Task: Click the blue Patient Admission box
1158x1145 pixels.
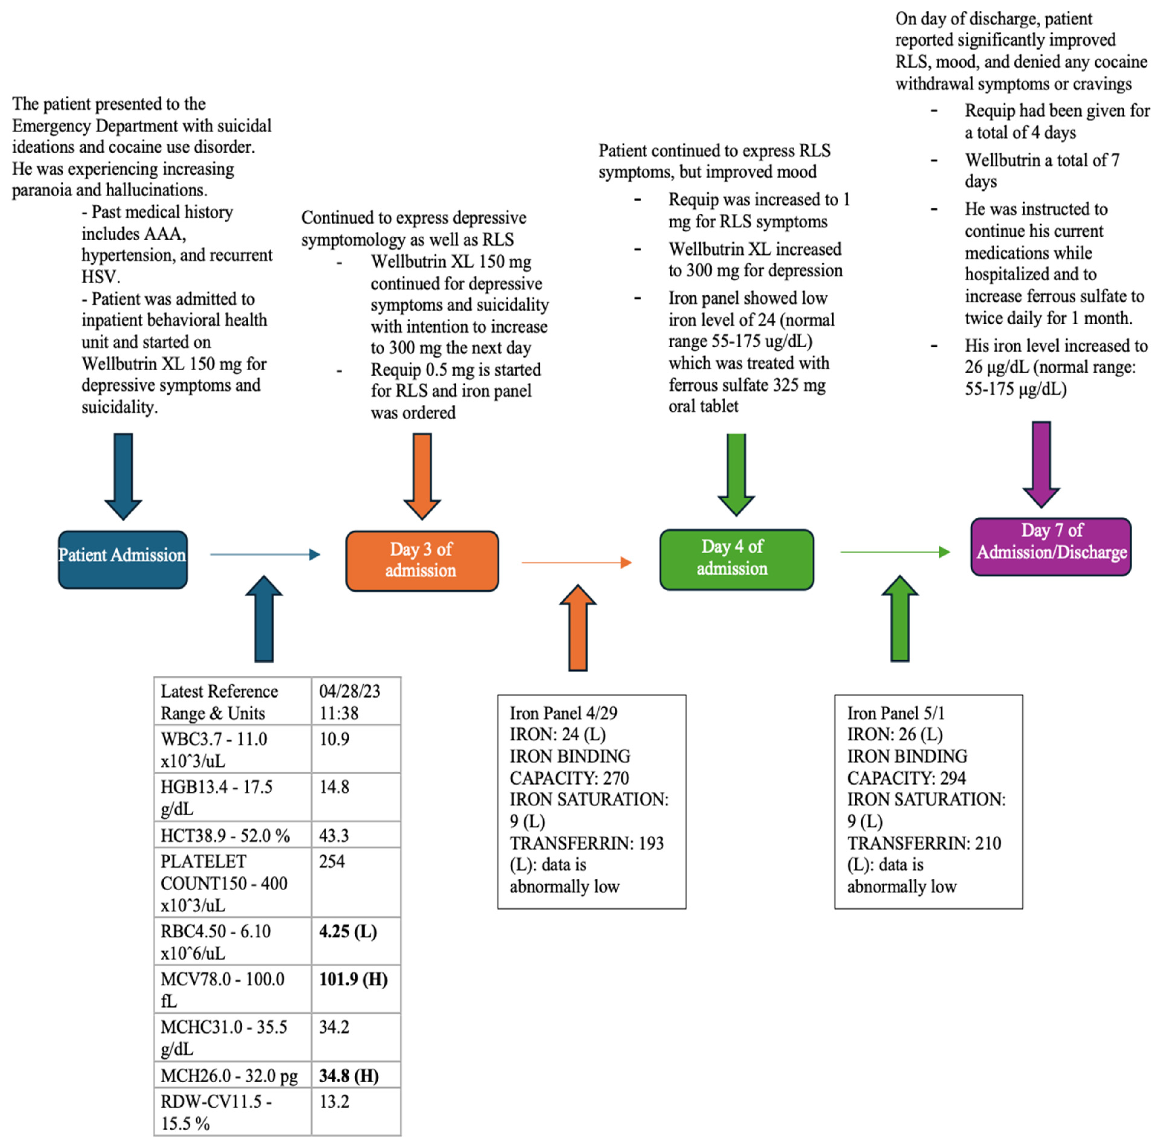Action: coord(122,559)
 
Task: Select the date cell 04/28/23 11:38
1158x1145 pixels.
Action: coord(349,702)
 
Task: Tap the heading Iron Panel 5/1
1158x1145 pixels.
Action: coord(895,713)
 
